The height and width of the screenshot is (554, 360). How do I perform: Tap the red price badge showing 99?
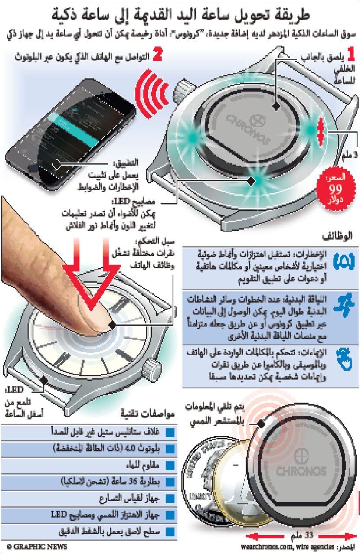click(x=335, y=190)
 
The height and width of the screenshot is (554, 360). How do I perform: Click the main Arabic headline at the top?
click(x=180, y=15)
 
